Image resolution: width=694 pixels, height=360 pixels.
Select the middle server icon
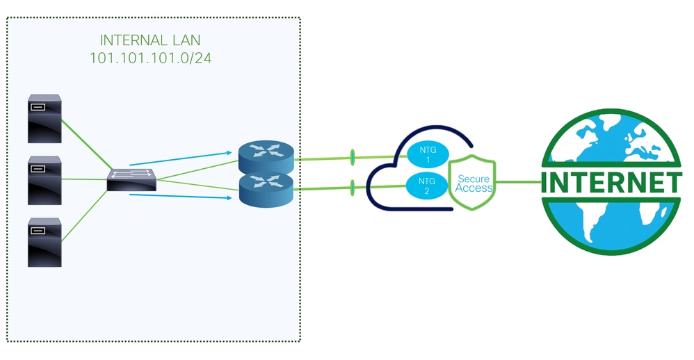[x=45, y=180]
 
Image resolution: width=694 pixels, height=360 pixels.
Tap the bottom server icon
[x=45, y=242]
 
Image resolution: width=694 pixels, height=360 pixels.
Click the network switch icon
[x=132, y=181]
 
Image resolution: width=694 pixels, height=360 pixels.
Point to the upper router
[x=266, y=157]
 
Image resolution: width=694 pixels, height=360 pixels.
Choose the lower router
[x=266, y=189]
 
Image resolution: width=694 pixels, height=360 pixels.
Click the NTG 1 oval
[x=426, y=155]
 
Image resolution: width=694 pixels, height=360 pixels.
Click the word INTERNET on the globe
[x=611, y=183]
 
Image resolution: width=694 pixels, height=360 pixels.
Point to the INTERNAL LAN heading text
[x=151, y=40]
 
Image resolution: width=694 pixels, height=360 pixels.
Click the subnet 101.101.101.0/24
[x=151, y=58]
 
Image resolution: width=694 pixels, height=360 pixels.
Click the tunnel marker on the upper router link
[x=353, y=158]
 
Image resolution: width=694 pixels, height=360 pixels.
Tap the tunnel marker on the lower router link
[x=353, y=187]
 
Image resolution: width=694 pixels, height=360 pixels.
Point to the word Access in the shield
[x=474, y=188]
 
